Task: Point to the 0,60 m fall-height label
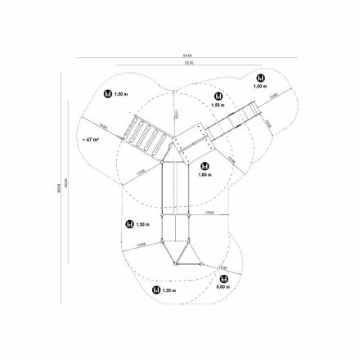coord(222,286)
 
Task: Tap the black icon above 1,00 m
coord(259,78)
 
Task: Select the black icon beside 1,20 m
coord(154,290)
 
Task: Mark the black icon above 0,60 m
coord(222,277)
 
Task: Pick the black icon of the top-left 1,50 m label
coord(107,95)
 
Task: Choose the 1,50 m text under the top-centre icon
coord(217,105)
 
